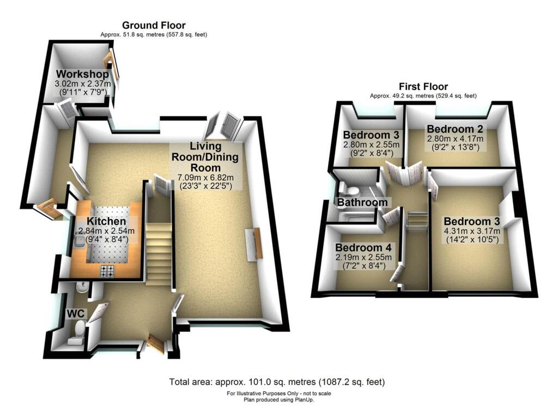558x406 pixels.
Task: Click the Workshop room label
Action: click(82, 74)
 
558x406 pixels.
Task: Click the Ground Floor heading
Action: click(154, 25)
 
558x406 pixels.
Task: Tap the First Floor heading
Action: click(423, 87)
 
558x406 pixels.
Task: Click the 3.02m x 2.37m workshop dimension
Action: click(83, 84)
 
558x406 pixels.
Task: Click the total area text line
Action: click(279, 382)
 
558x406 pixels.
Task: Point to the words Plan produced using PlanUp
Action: click(279, 399)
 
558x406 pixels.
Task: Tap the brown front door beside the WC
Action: click(156, 346)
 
